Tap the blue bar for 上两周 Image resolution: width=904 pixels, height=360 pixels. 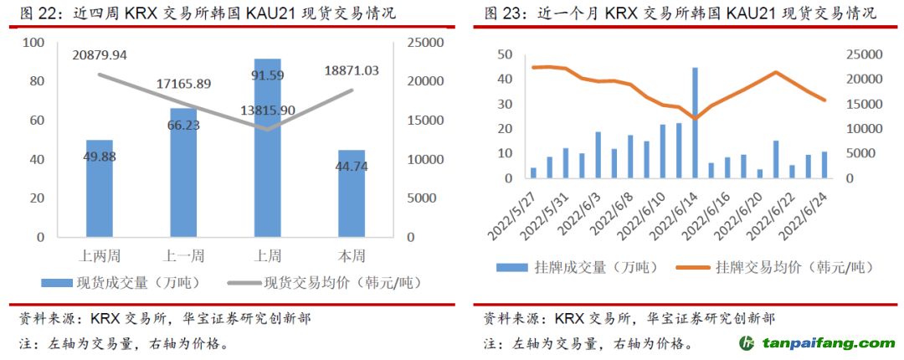click(x=100, y=188)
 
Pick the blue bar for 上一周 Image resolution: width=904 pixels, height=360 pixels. click(x=183, y=172)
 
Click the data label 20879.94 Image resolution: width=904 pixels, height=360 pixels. click(x=100, y=55)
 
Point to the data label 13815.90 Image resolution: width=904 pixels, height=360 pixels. click(x=267, y=110)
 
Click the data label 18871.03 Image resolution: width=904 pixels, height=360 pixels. click(x=351, y=71)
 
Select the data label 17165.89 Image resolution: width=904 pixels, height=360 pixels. click(x=183, y=84)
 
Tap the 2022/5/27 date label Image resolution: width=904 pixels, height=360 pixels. click(x=516, y=212)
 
